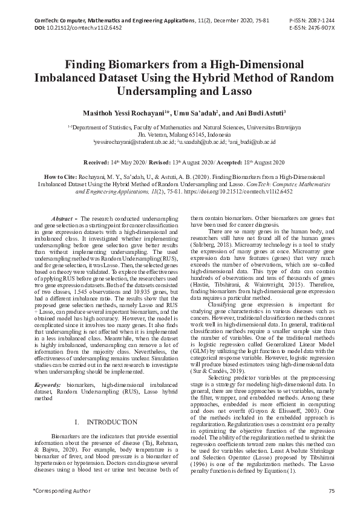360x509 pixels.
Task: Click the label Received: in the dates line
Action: [96, 163]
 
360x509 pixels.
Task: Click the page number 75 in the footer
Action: [331, 490]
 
